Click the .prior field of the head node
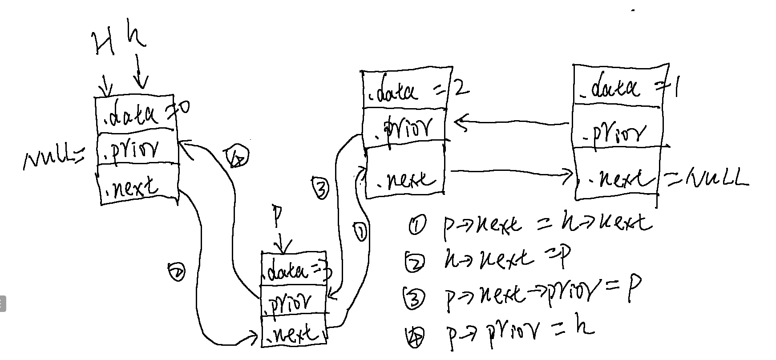tap(137, 149)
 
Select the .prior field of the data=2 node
tap(405, 125)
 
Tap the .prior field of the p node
tap(294, 302)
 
